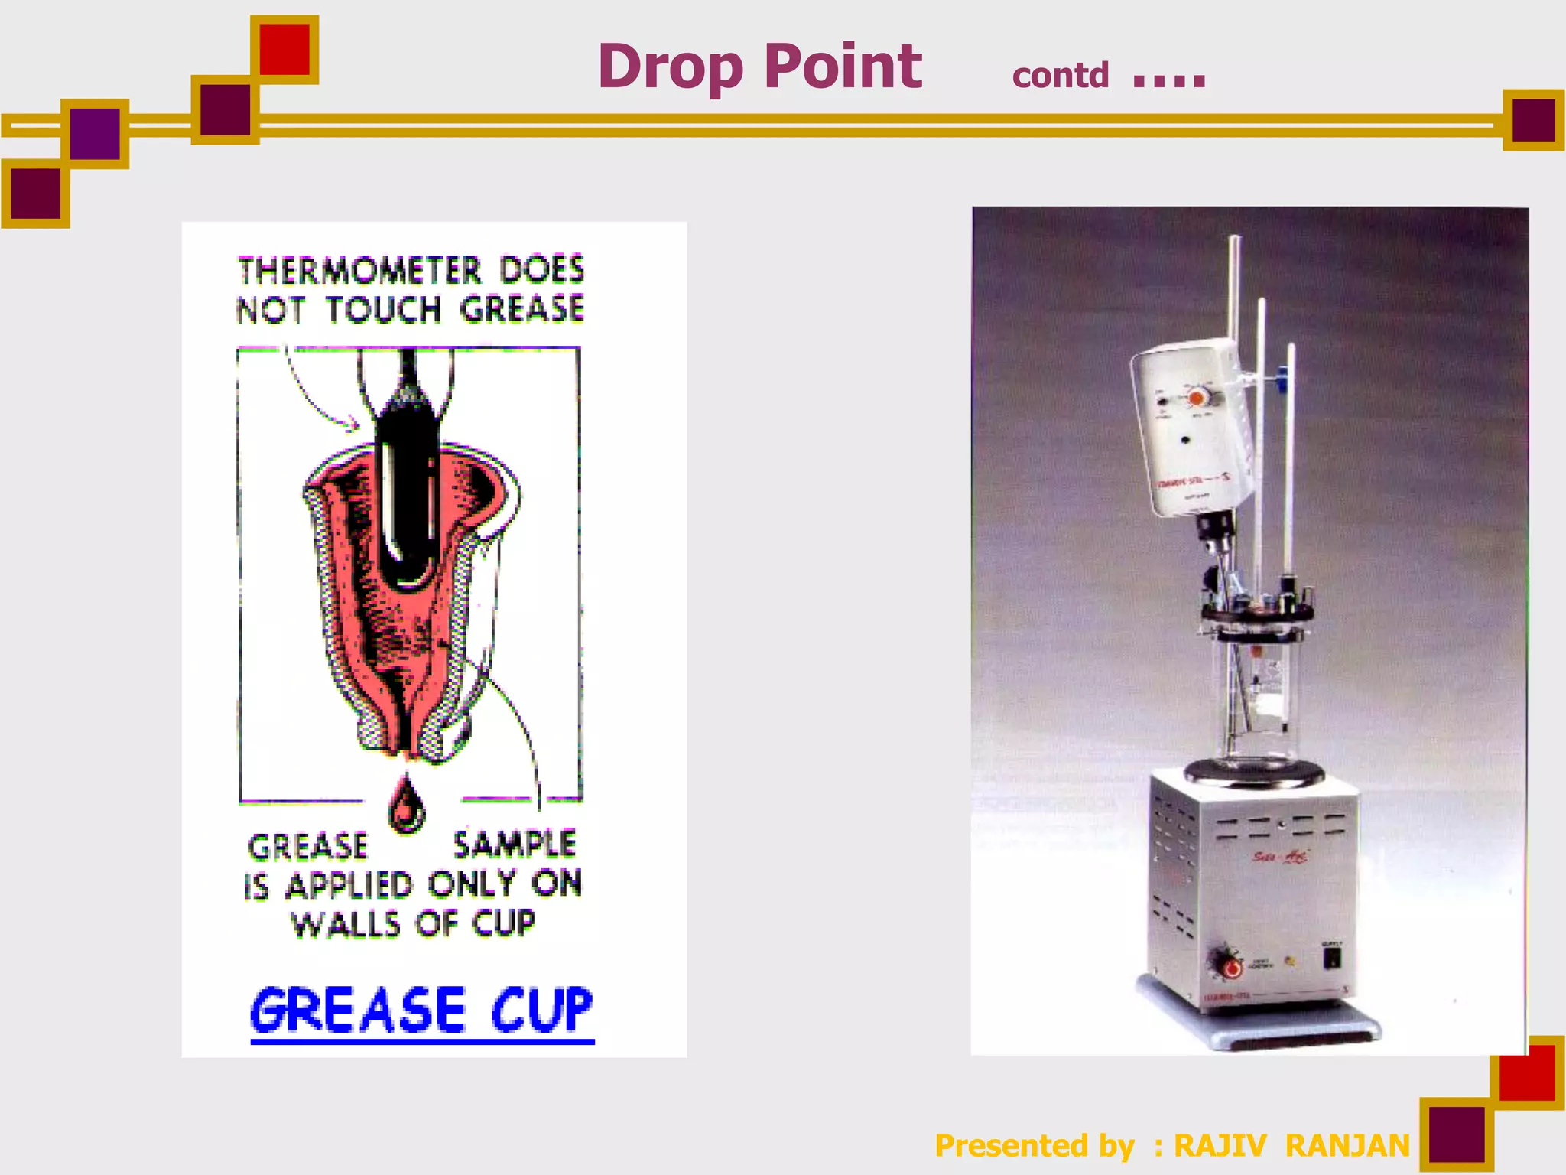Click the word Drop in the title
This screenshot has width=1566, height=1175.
670,67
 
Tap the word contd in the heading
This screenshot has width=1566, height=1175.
1060,76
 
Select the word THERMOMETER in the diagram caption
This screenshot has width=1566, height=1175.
359,271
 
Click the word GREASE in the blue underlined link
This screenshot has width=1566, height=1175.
358,1010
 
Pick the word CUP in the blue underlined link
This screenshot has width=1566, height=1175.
541,1010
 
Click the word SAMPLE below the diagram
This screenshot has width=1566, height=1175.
514,845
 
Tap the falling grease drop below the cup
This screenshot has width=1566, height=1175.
406,806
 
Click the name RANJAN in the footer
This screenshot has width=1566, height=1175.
1347,1146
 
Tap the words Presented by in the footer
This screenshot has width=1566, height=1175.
1035,1146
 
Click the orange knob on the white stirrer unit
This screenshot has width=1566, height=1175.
1197,398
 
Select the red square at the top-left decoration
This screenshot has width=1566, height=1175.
284,50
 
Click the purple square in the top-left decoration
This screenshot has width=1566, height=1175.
95,134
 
